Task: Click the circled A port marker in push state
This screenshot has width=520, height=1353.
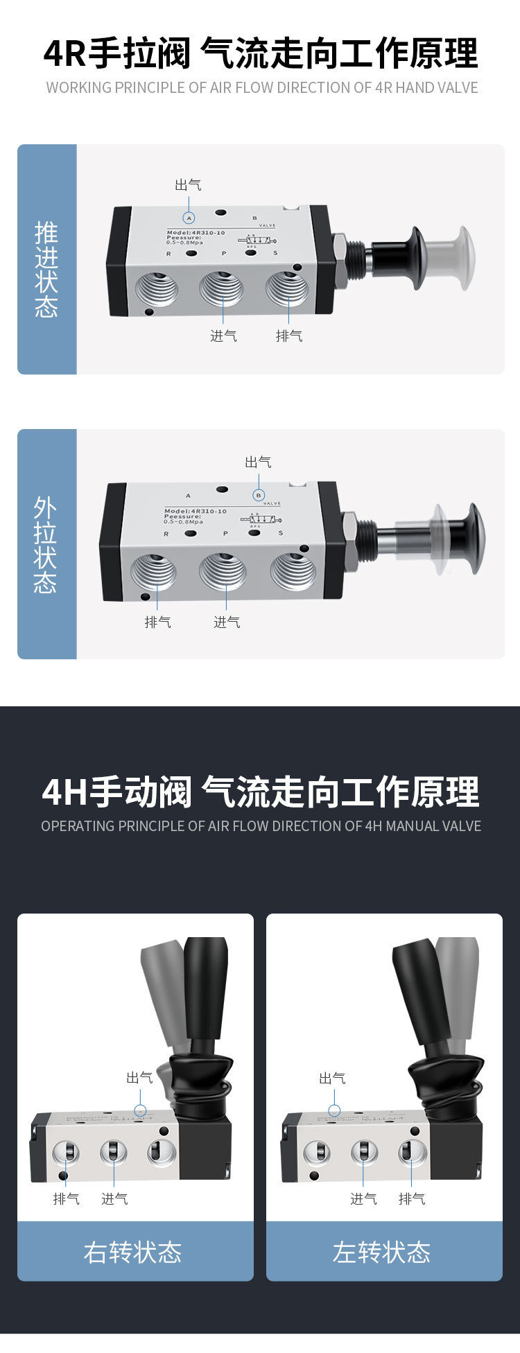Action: [x=189, y=218]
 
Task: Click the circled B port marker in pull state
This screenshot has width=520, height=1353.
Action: [x=259, y=495]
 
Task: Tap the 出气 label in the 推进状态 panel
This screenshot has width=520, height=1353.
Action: [x=188, y=184]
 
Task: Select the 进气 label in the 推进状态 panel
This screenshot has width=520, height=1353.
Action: [x=223, y=336]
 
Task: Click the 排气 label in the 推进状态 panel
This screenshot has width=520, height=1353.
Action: [x=289, y=336]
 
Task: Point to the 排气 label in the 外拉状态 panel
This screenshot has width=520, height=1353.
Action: [x=157, y=622]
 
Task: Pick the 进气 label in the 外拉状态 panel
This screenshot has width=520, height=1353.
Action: [x=227, y=622]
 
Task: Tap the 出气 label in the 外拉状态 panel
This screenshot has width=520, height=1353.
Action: [x=258, y=462]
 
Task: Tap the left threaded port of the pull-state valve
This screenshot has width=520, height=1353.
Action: [x=153, y=571]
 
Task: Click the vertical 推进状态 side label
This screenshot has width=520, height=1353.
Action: [x=46, y=270]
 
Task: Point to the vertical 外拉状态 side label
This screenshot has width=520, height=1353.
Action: [x=46, y=545]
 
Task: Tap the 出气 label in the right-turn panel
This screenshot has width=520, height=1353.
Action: [x=139, y=1077]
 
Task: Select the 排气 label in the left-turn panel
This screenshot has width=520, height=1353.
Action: [x=412, y=1198]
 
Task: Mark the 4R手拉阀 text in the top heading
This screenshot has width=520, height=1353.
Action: [x=116, y=54]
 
